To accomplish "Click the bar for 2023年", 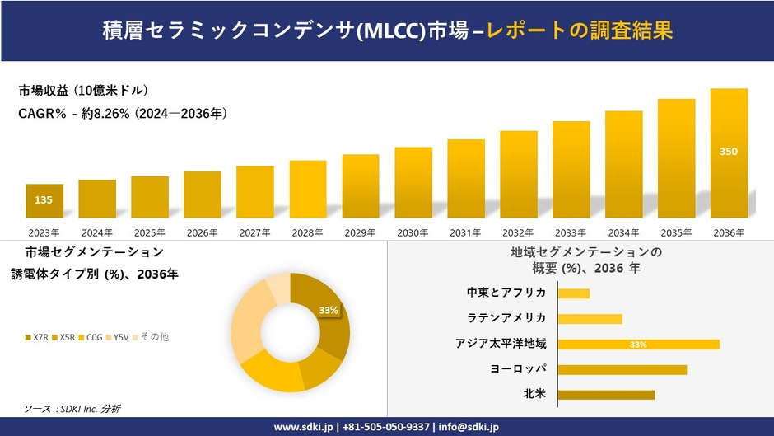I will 44,200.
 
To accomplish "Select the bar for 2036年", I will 729,152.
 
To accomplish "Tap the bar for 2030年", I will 413,182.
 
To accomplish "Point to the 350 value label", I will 729,152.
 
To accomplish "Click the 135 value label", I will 44,199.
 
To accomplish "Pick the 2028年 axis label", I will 308,233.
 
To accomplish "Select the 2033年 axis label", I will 571,233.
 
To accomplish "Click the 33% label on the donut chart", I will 329,310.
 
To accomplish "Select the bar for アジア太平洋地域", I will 638,345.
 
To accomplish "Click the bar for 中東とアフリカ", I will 574,293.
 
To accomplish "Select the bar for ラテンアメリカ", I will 590,319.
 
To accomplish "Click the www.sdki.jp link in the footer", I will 302,427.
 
